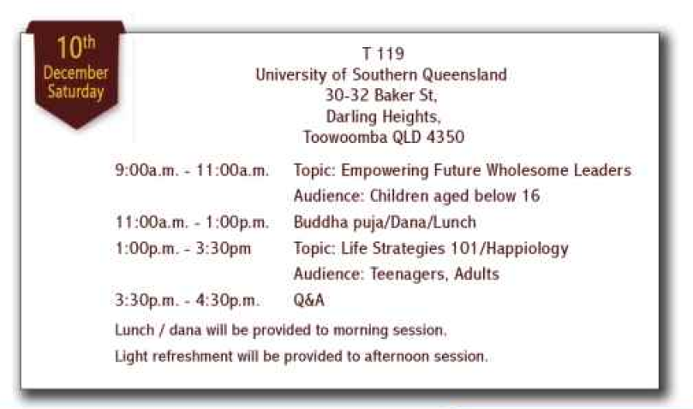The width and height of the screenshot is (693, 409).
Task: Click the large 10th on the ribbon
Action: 75,47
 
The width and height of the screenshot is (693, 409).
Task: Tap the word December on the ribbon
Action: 75,73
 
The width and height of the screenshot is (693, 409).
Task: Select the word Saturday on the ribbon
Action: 75,92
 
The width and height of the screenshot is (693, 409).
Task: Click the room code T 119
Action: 383,54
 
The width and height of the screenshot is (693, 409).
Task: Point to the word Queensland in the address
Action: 464,74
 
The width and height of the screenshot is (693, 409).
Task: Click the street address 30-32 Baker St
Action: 381,95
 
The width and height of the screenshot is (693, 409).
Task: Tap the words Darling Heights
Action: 383,116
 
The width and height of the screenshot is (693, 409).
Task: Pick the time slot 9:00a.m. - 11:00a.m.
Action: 192,170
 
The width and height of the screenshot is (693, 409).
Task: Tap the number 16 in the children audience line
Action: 531,196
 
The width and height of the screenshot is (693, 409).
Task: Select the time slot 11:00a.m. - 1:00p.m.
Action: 192,222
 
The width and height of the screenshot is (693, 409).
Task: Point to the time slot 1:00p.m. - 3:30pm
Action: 183,248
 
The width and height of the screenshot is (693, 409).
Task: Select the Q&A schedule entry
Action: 309,300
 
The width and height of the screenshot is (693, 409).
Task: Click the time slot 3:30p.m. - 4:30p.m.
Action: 187,300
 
